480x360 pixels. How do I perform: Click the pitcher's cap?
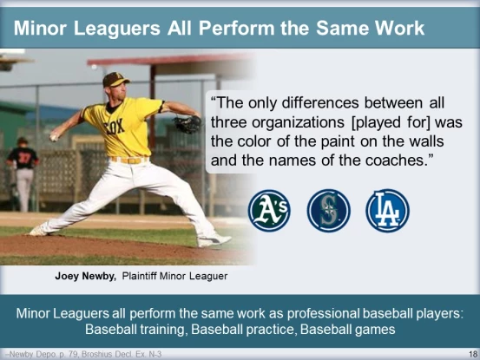click(x=115, y=81)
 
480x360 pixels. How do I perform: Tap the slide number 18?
click(x=471, y=354)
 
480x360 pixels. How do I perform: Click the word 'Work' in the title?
click(x=398, y=28)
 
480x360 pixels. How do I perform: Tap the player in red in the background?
click(x=23, y=169)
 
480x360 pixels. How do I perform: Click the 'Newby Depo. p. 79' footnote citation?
click(x=36, y=354)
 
